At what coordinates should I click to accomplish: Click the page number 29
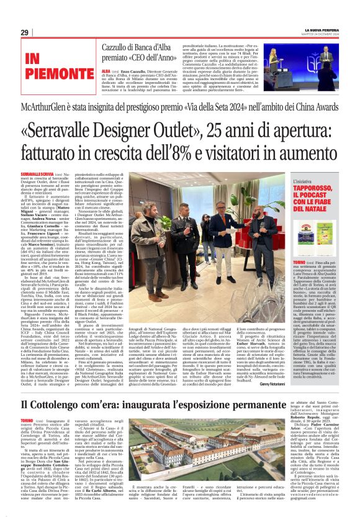tap(24, 32)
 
